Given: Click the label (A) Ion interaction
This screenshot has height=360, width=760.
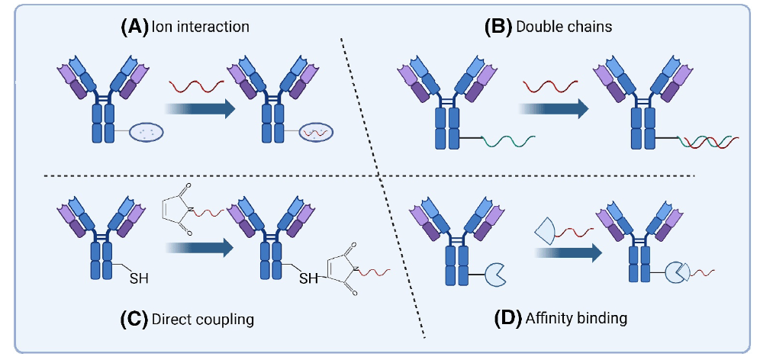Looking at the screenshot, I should click(185, 27).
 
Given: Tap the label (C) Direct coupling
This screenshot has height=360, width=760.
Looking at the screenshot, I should click(187, 319).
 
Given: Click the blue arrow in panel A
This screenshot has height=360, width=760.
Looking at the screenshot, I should click(199, 108).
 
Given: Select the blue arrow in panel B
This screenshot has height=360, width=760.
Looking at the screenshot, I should click(555, 108).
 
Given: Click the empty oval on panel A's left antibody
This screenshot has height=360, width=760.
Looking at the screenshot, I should click(146, 131).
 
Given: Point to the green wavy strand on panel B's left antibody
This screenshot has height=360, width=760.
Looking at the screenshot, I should click(508, 140).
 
